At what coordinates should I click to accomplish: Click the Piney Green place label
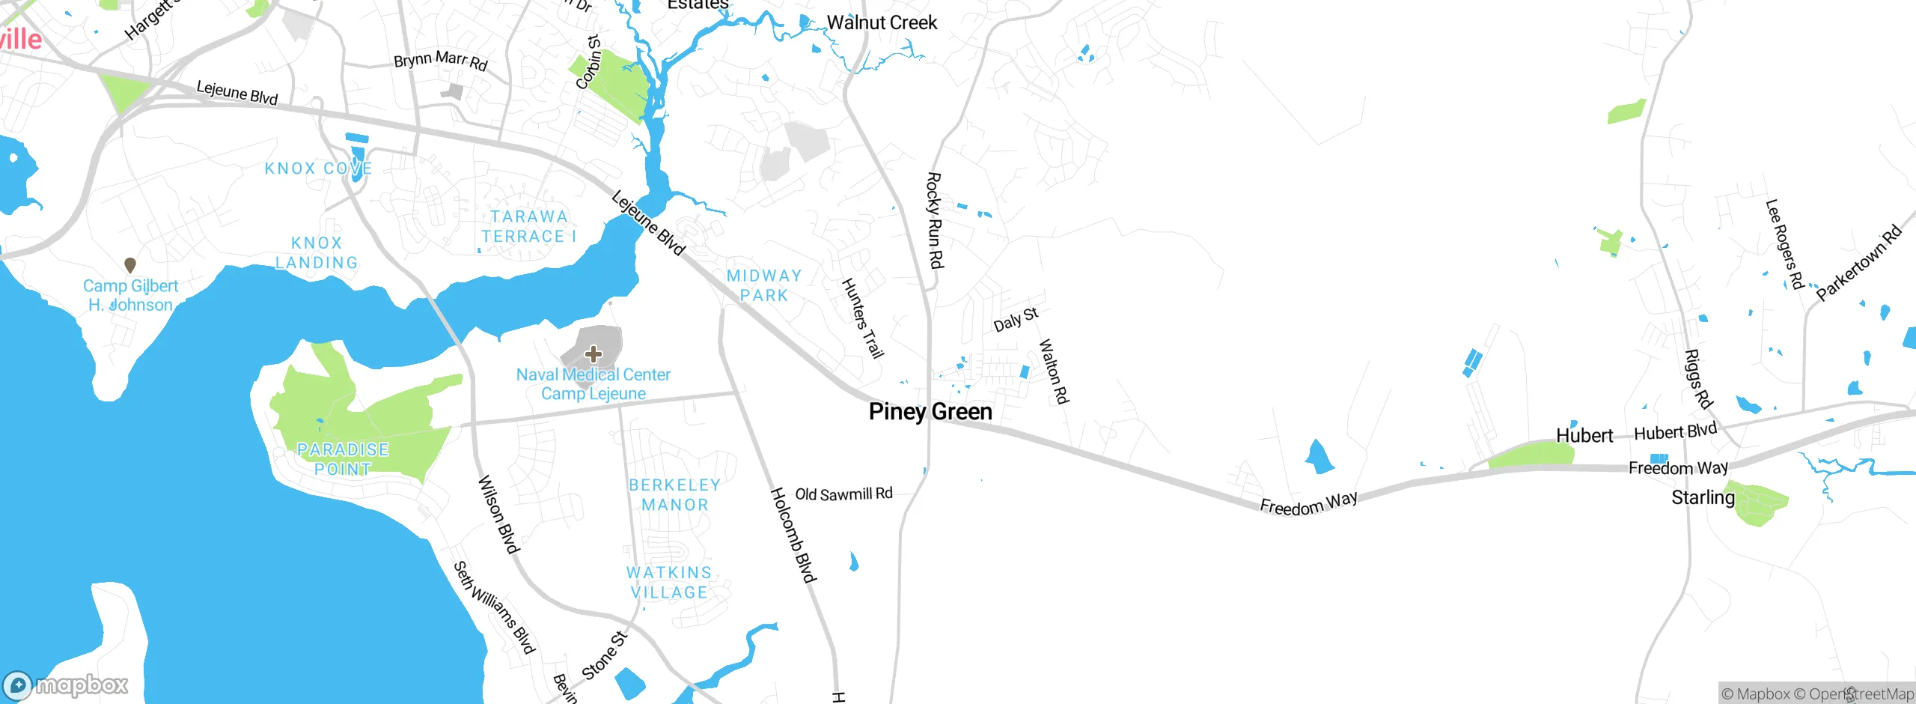click(x=930, y=412)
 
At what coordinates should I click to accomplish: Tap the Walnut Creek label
click(x=882, y=22)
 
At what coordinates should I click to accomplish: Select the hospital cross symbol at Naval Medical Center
click(x=594, y=353)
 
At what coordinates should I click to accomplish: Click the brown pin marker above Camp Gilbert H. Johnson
click(x=130, y=265)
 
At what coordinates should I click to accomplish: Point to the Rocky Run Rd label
click(x=935, y=220)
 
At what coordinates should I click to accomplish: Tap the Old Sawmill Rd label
click(x=843, y=494)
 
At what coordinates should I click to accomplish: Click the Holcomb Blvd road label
click(x=793, y=535)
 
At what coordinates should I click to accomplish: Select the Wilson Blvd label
click(x=498, y=515)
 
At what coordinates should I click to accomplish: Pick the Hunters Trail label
click(x=863, y=318)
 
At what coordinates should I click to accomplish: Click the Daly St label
click(x=1016, y=319)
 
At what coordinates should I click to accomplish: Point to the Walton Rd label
click(x=1054, y=371)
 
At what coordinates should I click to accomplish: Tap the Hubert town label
click(x=1584, y=436)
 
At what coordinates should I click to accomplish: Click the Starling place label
click(x=1703, y=498)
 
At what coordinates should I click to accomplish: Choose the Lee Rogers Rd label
click(x=1784, y=244)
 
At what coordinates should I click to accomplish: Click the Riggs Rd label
click(x=1698, y=379)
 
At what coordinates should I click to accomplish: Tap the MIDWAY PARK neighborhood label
click(x=764, y=286)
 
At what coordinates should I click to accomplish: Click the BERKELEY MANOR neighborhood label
click(x=674, y=495)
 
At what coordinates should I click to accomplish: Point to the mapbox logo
click(x=66, y=685)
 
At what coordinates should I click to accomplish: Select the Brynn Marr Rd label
click(x=441, y=60)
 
